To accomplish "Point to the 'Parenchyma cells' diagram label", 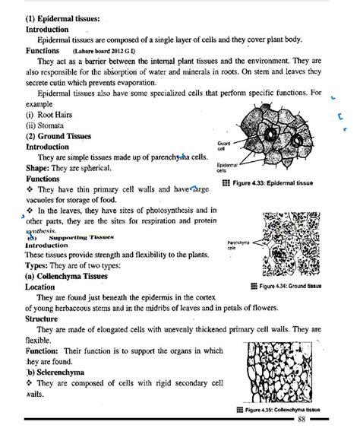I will click(x=238, y=246).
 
